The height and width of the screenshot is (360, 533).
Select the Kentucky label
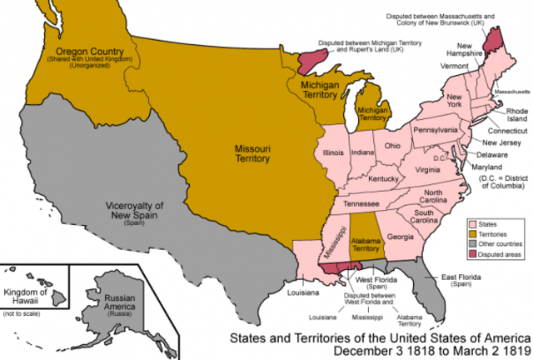tap(383, 178)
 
